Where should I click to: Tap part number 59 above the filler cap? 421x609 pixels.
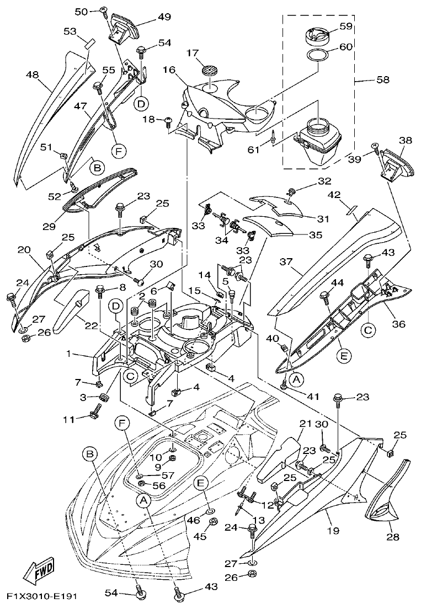click(x=346, y=25)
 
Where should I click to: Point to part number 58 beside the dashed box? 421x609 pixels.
click(x=382, y=79)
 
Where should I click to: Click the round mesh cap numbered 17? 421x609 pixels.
click(x=209, y=71)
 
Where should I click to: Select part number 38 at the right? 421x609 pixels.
click(x=406, y=141)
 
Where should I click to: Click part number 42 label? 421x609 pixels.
click(x=349, y=195)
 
